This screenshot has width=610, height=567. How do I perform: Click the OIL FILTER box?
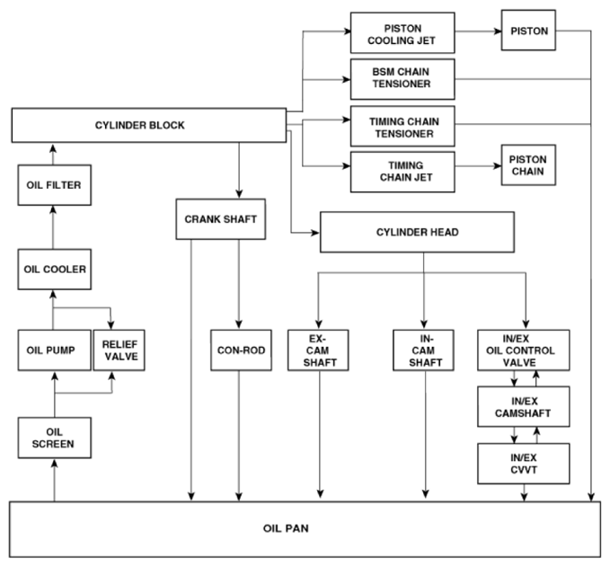[x=55, y=185]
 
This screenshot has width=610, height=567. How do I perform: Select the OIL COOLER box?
[x=55, y=270]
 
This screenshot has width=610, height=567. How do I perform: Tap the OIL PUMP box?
[x=55, y=350]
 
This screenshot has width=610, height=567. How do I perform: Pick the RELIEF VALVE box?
[x=119, y=350]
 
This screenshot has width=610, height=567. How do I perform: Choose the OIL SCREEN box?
[x=55, y=438]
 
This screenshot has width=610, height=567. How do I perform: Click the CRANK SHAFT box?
[x=221, y=219]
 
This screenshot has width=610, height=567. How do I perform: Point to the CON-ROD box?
[x=241, y=350]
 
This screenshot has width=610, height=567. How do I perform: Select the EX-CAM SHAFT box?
[x=318, y=350]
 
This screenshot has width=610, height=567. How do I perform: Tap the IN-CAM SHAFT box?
[x=423, y=350]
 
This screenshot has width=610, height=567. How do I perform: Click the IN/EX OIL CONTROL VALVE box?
[x=524, y=350]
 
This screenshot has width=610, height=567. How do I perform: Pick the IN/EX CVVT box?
[x=524, y=464]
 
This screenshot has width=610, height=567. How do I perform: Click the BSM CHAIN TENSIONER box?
[x=402, y=79]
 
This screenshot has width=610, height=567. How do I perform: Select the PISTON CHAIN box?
[x=528, y=165]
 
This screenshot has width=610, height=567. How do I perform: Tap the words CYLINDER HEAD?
[x=417, y=232]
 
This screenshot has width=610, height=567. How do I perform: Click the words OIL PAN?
[x=286, y=528]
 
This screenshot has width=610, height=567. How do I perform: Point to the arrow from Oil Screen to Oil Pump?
[x=55, y=394]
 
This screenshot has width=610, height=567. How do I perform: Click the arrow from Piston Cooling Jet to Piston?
[x=478, y=31]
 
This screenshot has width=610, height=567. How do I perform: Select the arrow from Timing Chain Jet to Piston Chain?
[x=478, y=166]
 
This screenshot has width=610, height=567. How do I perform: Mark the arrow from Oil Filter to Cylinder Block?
[x=53, y=155]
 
